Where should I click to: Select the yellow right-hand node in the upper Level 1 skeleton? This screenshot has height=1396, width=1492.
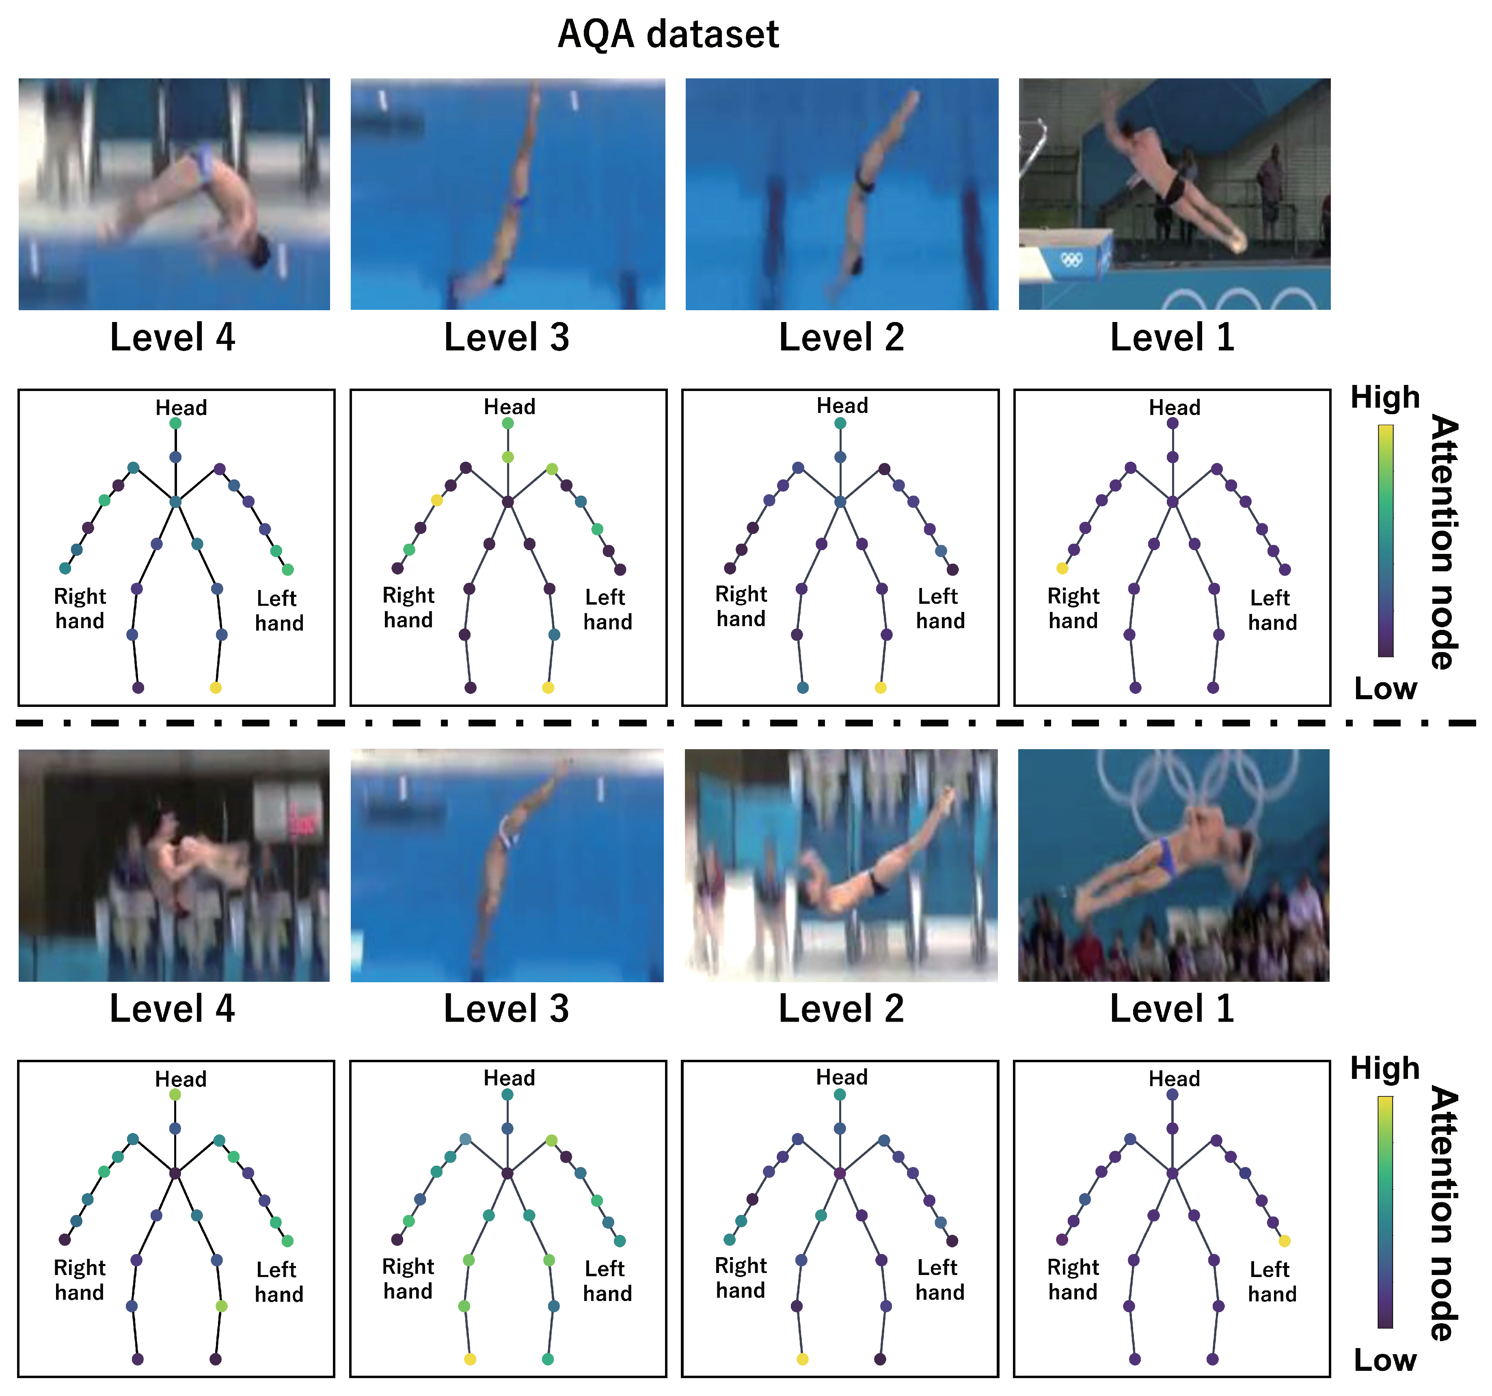click(1062, 568)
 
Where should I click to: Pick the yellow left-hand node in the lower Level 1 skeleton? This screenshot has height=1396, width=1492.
click(1284, 1240)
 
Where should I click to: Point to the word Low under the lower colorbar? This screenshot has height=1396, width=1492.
click(1385, 1360)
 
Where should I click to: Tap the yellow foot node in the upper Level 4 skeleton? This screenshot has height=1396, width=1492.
click(216, 687)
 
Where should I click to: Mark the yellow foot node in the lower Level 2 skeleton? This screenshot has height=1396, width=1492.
click(802, 1359)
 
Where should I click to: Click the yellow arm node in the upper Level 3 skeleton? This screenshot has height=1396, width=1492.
click(437, 500)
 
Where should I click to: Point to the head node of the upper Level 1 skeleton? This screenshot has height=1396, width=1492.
click(1172, 423)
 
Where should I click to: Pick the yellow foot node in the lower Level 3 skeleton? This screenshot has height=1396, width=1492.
click(470, 1359)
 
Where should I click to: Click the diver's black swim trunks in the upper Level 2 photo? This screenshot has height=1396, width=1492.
click(865, 182)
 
